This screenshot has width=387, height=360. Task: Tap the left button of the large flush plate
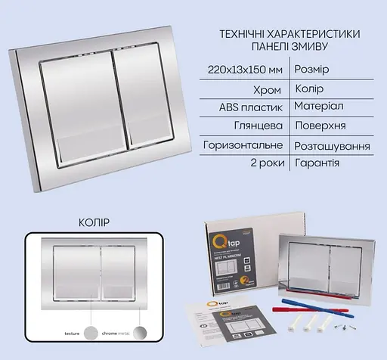coord(80,95)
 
